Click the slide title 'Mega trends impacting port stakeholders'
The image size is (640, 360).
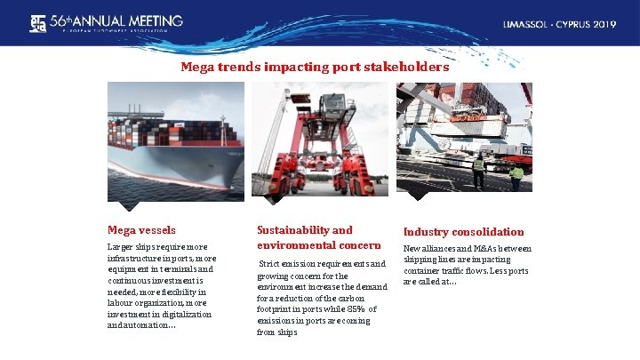pyautogui.click(x=315, y=67)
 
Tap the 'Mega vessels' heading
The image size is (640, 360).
pyautogui.click(x=141, y=229)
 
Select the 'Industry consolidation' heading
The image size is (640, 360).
pyautogui.click(x=463, y=231)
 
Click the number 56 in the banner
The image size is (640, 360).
pyautogui.click(x=62, y=20)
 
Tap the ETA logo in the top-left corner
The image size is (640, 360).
pyautogui.click(x=38, y=23)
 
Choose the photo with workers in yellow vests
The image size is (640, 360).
pyautogui.click(x=464, y=138)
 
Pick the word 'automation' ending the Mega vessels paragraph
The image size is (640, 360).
pyautogui.click(x=148, y=324)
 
